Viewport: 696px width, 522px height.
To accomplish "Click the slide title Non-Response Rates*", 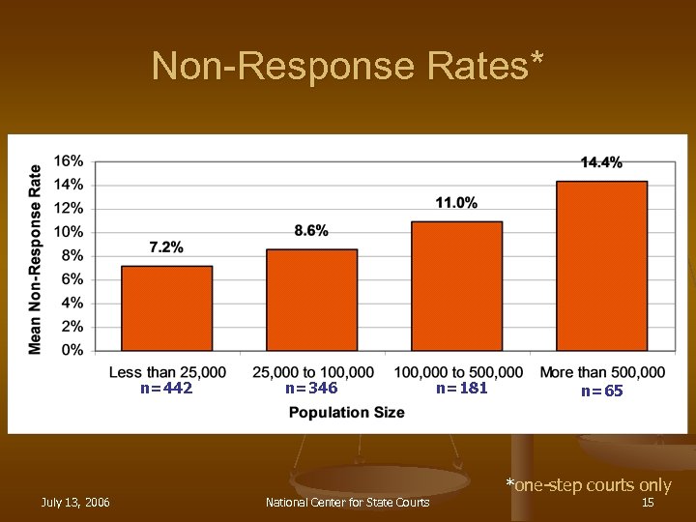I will click(348, 66).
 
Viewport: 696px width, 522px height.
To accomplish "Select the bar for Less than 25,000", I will click(166, 308).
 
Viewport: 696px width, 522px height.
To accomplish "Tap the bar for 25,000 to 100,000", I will click(311, 300).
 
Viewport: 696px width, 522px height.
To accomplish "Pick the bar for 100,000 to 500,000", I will click(456, 286).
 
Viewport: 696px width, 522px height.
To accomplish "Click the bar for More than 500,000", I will click(601, 266).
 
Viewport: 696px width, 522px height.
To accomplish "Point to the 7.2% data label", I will click(166, 247).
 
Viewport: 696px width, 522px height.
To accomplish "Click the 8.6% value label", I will click(311, 230).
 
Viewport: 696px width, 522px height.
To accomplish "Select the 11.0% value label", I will click(456, 202).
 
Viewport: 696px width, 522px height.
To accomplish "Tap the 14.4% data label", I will click(601, 162).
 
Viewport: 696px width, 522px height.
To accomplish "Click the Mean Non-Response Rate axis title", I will click(36, 258).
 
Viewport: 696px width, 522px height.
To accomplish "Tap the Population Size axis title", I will click(348, 413).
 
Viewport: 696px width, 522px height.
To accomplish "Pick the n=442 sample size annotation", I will click(166, 389).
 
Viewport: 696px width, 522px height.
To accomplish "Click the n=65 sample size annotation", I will click(601, 391).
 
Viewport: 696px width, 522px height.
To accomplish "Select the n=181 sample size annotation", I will click(461, 389).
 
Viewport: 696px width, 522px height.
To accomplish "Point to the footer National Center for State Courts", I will click(348, 503).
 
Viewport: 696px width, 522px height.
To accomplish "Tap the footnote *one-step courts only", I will click(588, 485).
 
